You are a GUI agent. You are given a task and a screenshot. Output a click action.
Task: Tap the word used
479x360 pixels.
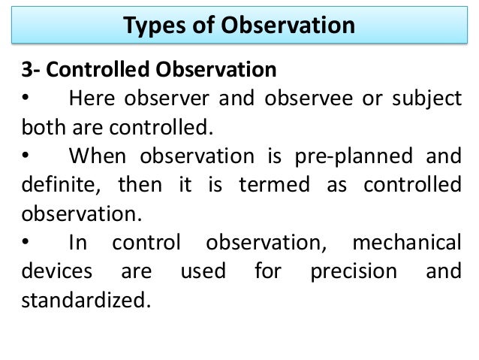click(x=203, y=271)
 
